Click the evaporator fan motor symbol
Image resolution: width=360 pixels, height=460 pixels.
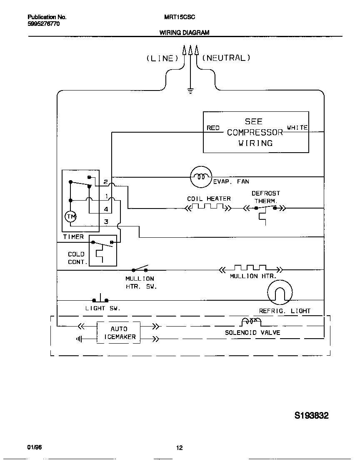201,177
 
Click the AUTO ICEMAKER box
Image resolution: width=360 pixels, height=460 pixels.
119,333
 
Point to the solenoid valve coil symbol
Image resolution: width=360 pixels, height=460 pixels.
251,322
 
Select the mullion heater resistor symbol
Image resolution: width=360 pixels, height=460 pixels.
250,268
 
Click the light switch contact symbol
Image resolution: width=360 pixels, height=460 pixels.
100,299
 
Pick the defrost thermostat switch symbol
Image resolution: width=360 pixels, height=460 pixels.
265,208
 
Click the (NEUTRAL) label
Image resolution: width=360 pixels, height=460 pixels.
226,58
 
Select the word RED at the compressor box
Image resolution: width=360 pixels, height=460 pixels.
213,128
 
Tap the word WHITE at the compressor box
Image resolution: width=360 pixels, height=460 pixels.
297,128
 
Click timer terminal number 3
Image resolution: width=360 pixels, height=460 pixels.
106,222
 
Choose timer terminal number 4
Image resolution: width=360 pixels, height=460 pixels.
106,209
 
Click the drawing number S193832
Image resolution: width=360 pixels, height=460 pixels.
312,415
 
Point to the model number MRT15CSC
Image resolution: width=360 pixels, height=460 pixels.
180,17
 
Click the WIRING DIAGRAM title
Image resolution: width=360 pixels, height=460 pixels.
184,33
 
